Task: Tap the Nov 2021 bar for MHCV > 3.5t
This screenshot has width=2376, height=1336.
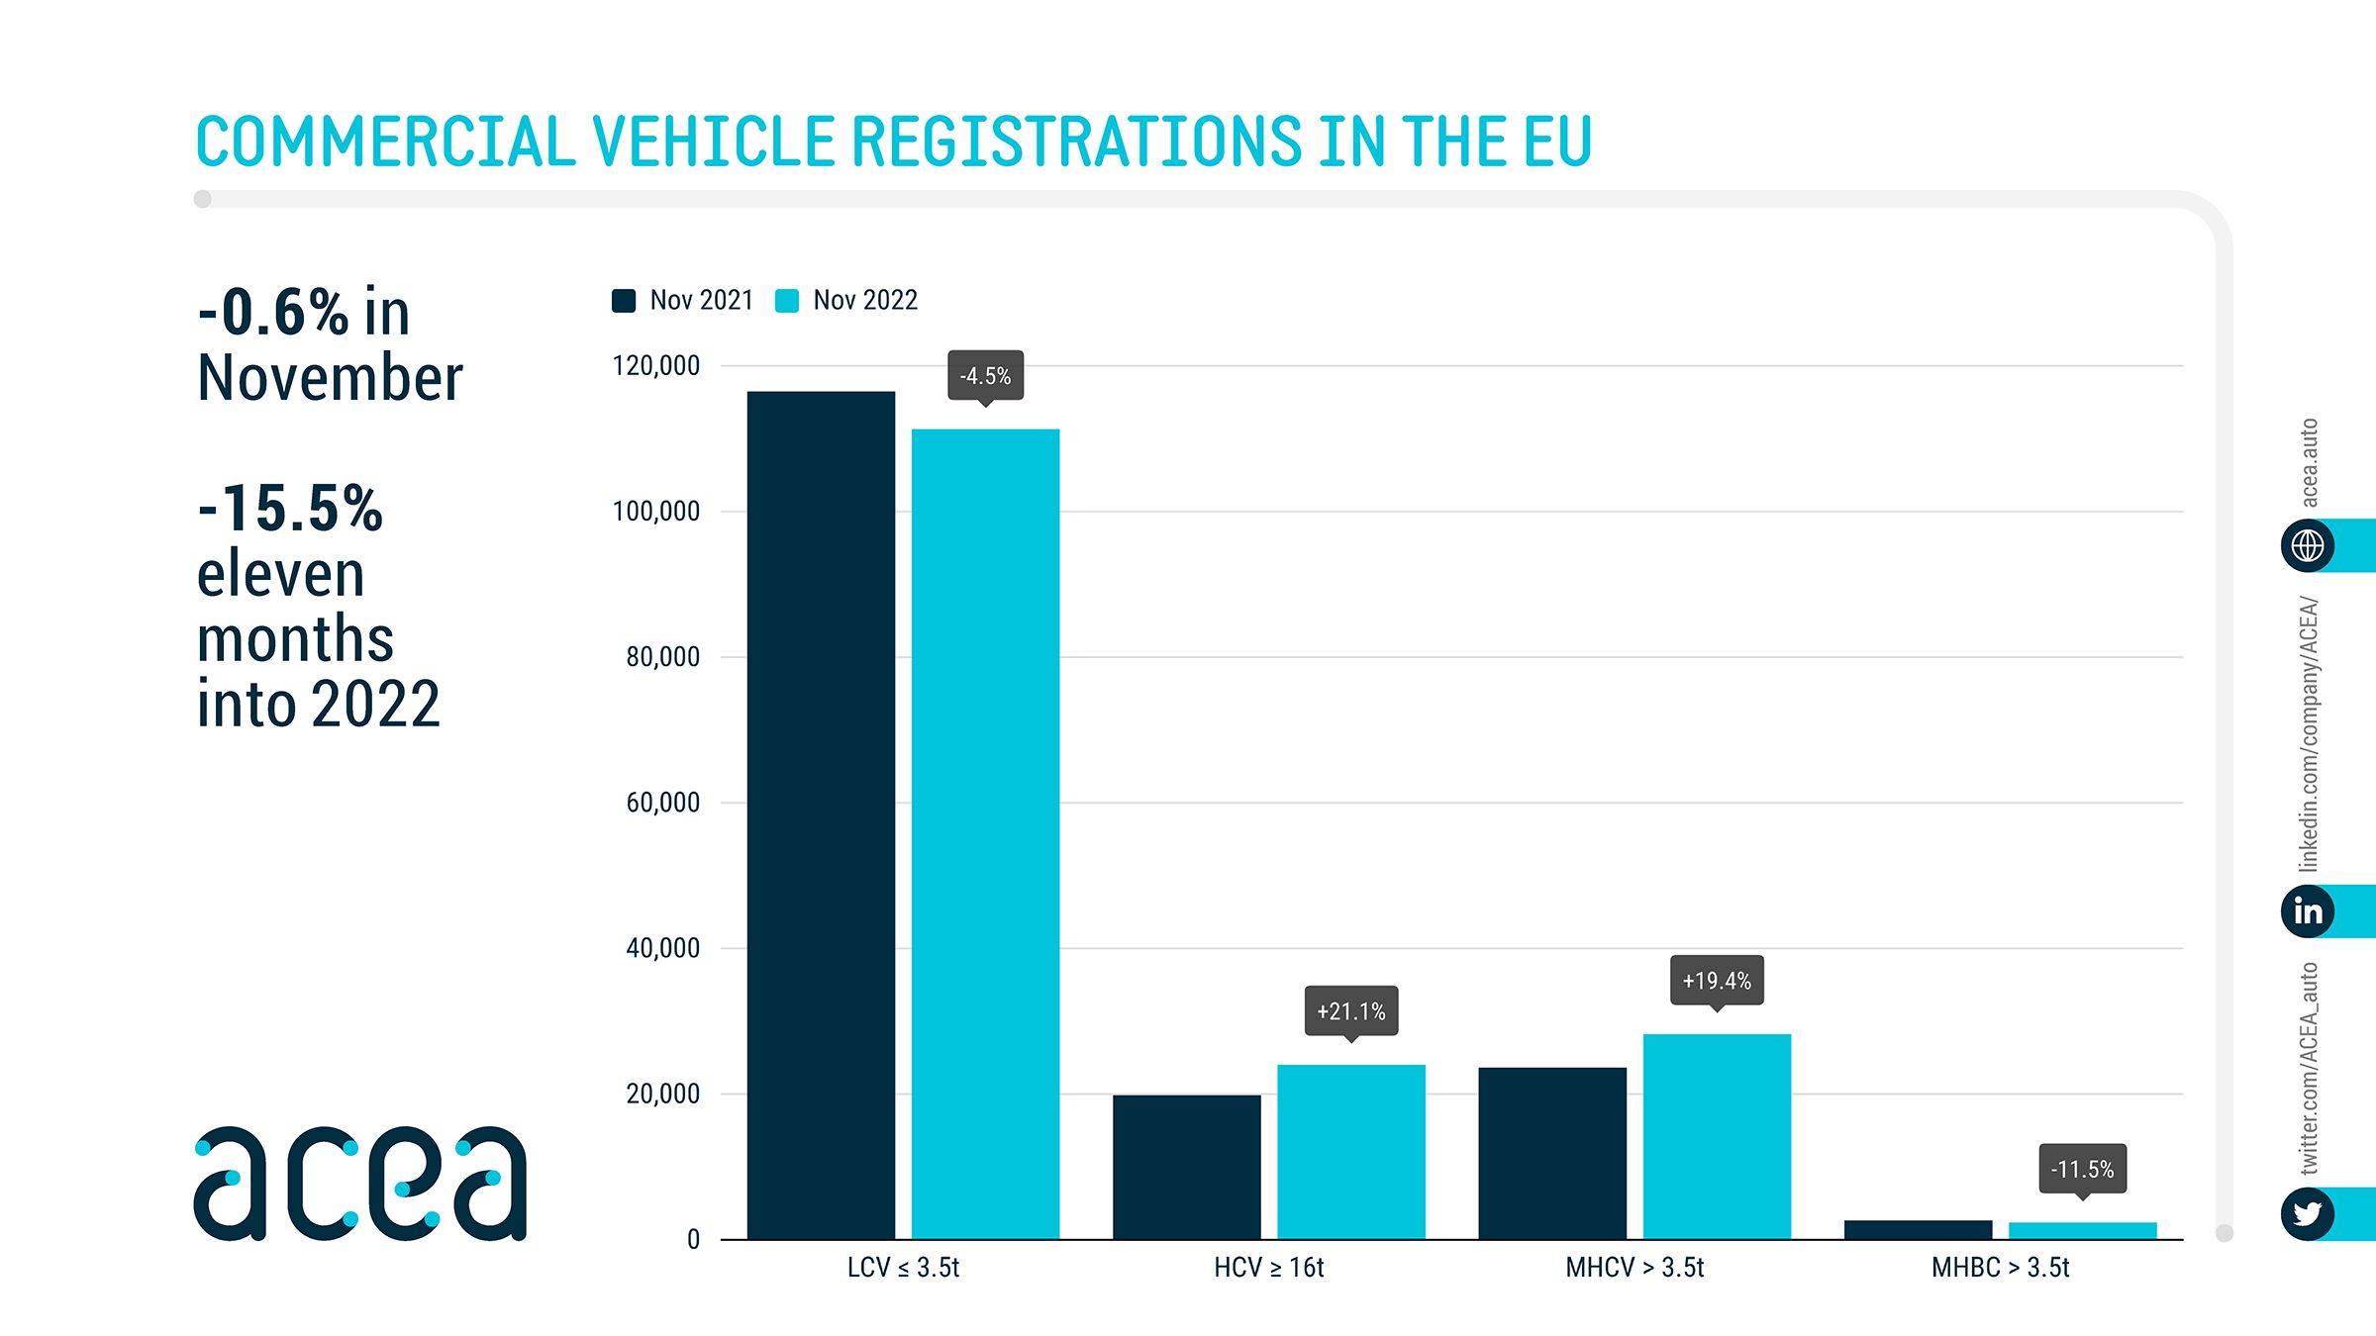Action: coord(1552,1153)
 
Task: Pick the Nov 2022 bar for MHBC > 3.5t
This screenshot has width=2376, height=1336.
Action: coord(2082,1230)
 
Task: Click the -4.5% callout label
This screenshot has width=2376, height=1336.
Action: coord(985,376)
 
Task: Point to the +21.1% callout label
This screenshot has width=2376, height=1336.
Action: coord(1350,1011)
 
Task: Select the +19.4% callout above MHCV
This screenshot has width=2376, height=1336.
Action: coord(1717,981)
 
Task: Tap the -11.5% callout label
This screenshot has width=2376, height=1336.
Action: coord(2082,1169)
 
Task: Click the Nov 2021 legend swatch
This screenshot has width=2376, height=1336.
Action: coord(624,301)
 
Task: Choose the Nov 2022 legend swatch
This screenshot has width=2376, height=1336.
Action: coord(787,301)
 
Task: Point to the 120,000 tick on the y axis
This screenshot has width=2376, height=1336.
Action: coord(656,366)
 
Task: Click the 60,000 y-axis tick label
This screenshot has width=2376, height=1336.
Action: coord(662,803)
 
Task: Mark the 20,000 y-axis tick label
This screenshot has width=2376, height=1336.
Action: coord(662,1094)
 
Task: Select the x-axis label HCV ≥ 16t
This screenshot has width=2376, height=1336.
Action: coord(1268,1268)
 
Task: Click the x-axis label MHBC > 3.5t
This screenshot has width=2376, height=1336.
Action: coord(2000,1268)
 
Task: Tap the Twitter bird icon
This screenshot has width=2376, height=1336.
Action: coord(2308,1213)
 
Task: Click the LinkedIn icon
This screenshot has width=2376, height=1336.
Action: coord(2308,910)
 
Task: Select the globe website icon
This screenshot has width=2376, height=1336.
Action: coord(2308,545)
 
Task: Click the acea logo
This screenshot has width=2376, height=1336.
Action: coord(360,1184)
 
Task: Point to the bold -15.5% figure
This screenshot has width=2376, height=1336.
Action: coord(290,509)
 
